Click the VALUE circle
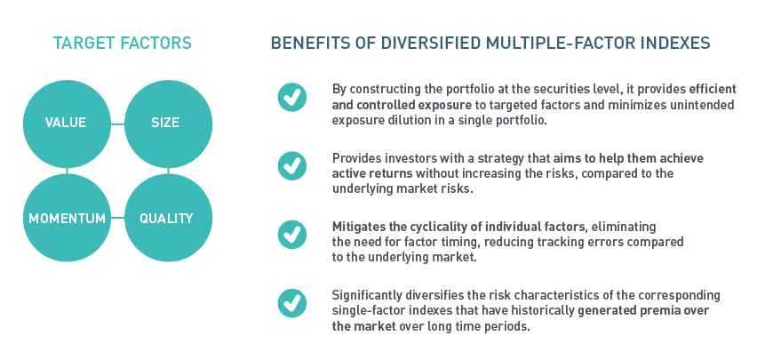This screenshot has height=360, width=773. coord(67,124)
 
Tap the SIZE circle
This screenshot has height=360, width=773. coord(168,124)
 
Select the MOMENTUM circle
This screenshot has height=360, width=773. coord(67,218)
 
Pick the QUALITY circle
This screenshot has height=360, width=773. coord(168,218)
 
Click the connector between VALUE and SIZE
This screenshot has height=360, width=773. coord(118,124)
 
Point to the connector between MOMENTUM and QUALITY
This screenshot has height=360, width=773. coord(118,218)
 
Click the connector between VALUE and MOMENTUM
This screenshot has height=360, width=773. coord(67,171)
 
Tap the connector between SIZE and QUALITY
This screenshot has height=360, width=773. coord(168,171)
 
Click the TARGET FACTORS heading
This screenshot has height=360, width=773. coord(123,43)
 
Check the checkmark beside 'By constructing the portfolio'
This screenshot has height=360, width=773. coord(291,97)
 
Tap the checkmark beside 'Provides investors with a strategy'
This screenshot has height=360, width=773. coord(291,165)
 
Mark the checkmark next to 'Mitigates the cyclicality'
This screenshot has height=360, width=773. coord(291,235)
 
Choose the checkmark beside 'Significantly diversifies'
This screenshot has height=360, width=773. coord(291,303)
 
